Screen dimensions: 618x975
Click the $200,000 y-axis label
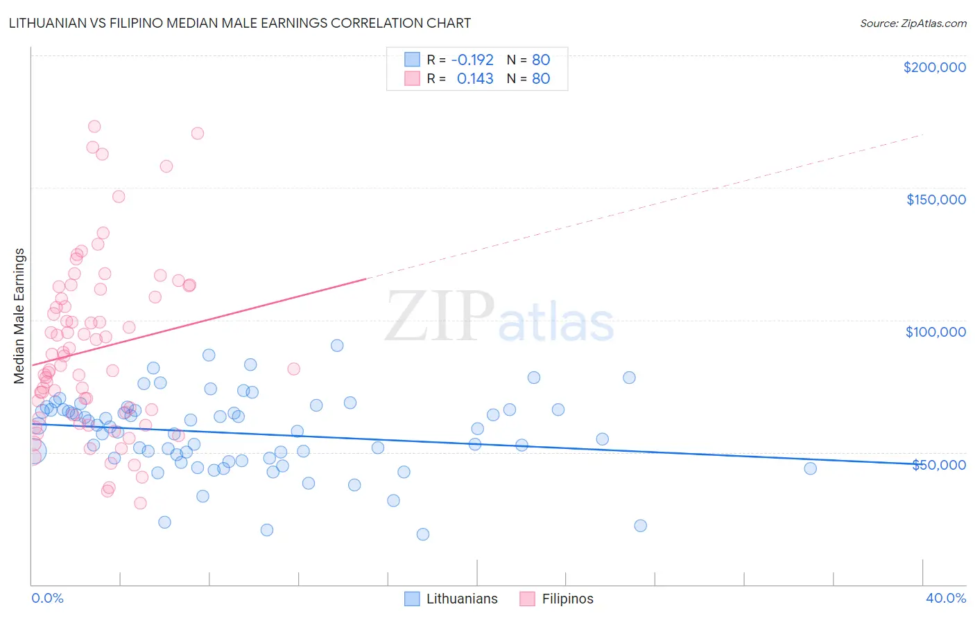point(934,67)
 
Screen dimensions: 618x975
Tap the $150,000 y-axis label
point(935,200)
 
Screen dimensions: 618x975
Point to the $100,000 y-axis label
point(935,332)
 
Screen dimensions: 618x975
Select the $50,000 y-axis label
point(938,465)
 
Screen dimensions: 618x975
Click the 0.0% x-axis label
point(47,599)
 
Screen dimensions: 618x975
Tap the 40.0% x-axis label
point(945,599)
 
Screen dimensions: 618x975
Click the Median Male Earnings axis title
point(19,316)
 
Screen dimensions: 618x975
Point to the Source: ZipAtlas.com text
point(913,23)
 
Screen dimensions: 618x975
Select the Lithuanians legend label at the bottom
point(462,599)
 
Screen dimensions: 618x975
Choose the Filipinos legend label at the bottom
point(567,599)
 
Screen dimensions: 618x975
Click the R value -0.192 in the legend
point(472,60)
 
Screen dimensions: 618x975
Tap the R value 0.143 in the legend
point(475,78)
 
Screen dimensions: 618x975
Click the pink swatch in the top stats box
point(412,78)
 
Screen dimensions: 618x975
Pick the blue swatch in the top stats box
point(412,60)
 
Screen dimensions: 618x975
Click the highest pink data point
point(94,126)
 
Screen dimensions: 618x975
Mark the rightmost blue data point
point(810,468)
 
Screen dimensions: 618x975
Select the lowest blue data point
point(423,534)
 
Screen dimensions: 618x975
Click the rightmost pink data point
point(293,369)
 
